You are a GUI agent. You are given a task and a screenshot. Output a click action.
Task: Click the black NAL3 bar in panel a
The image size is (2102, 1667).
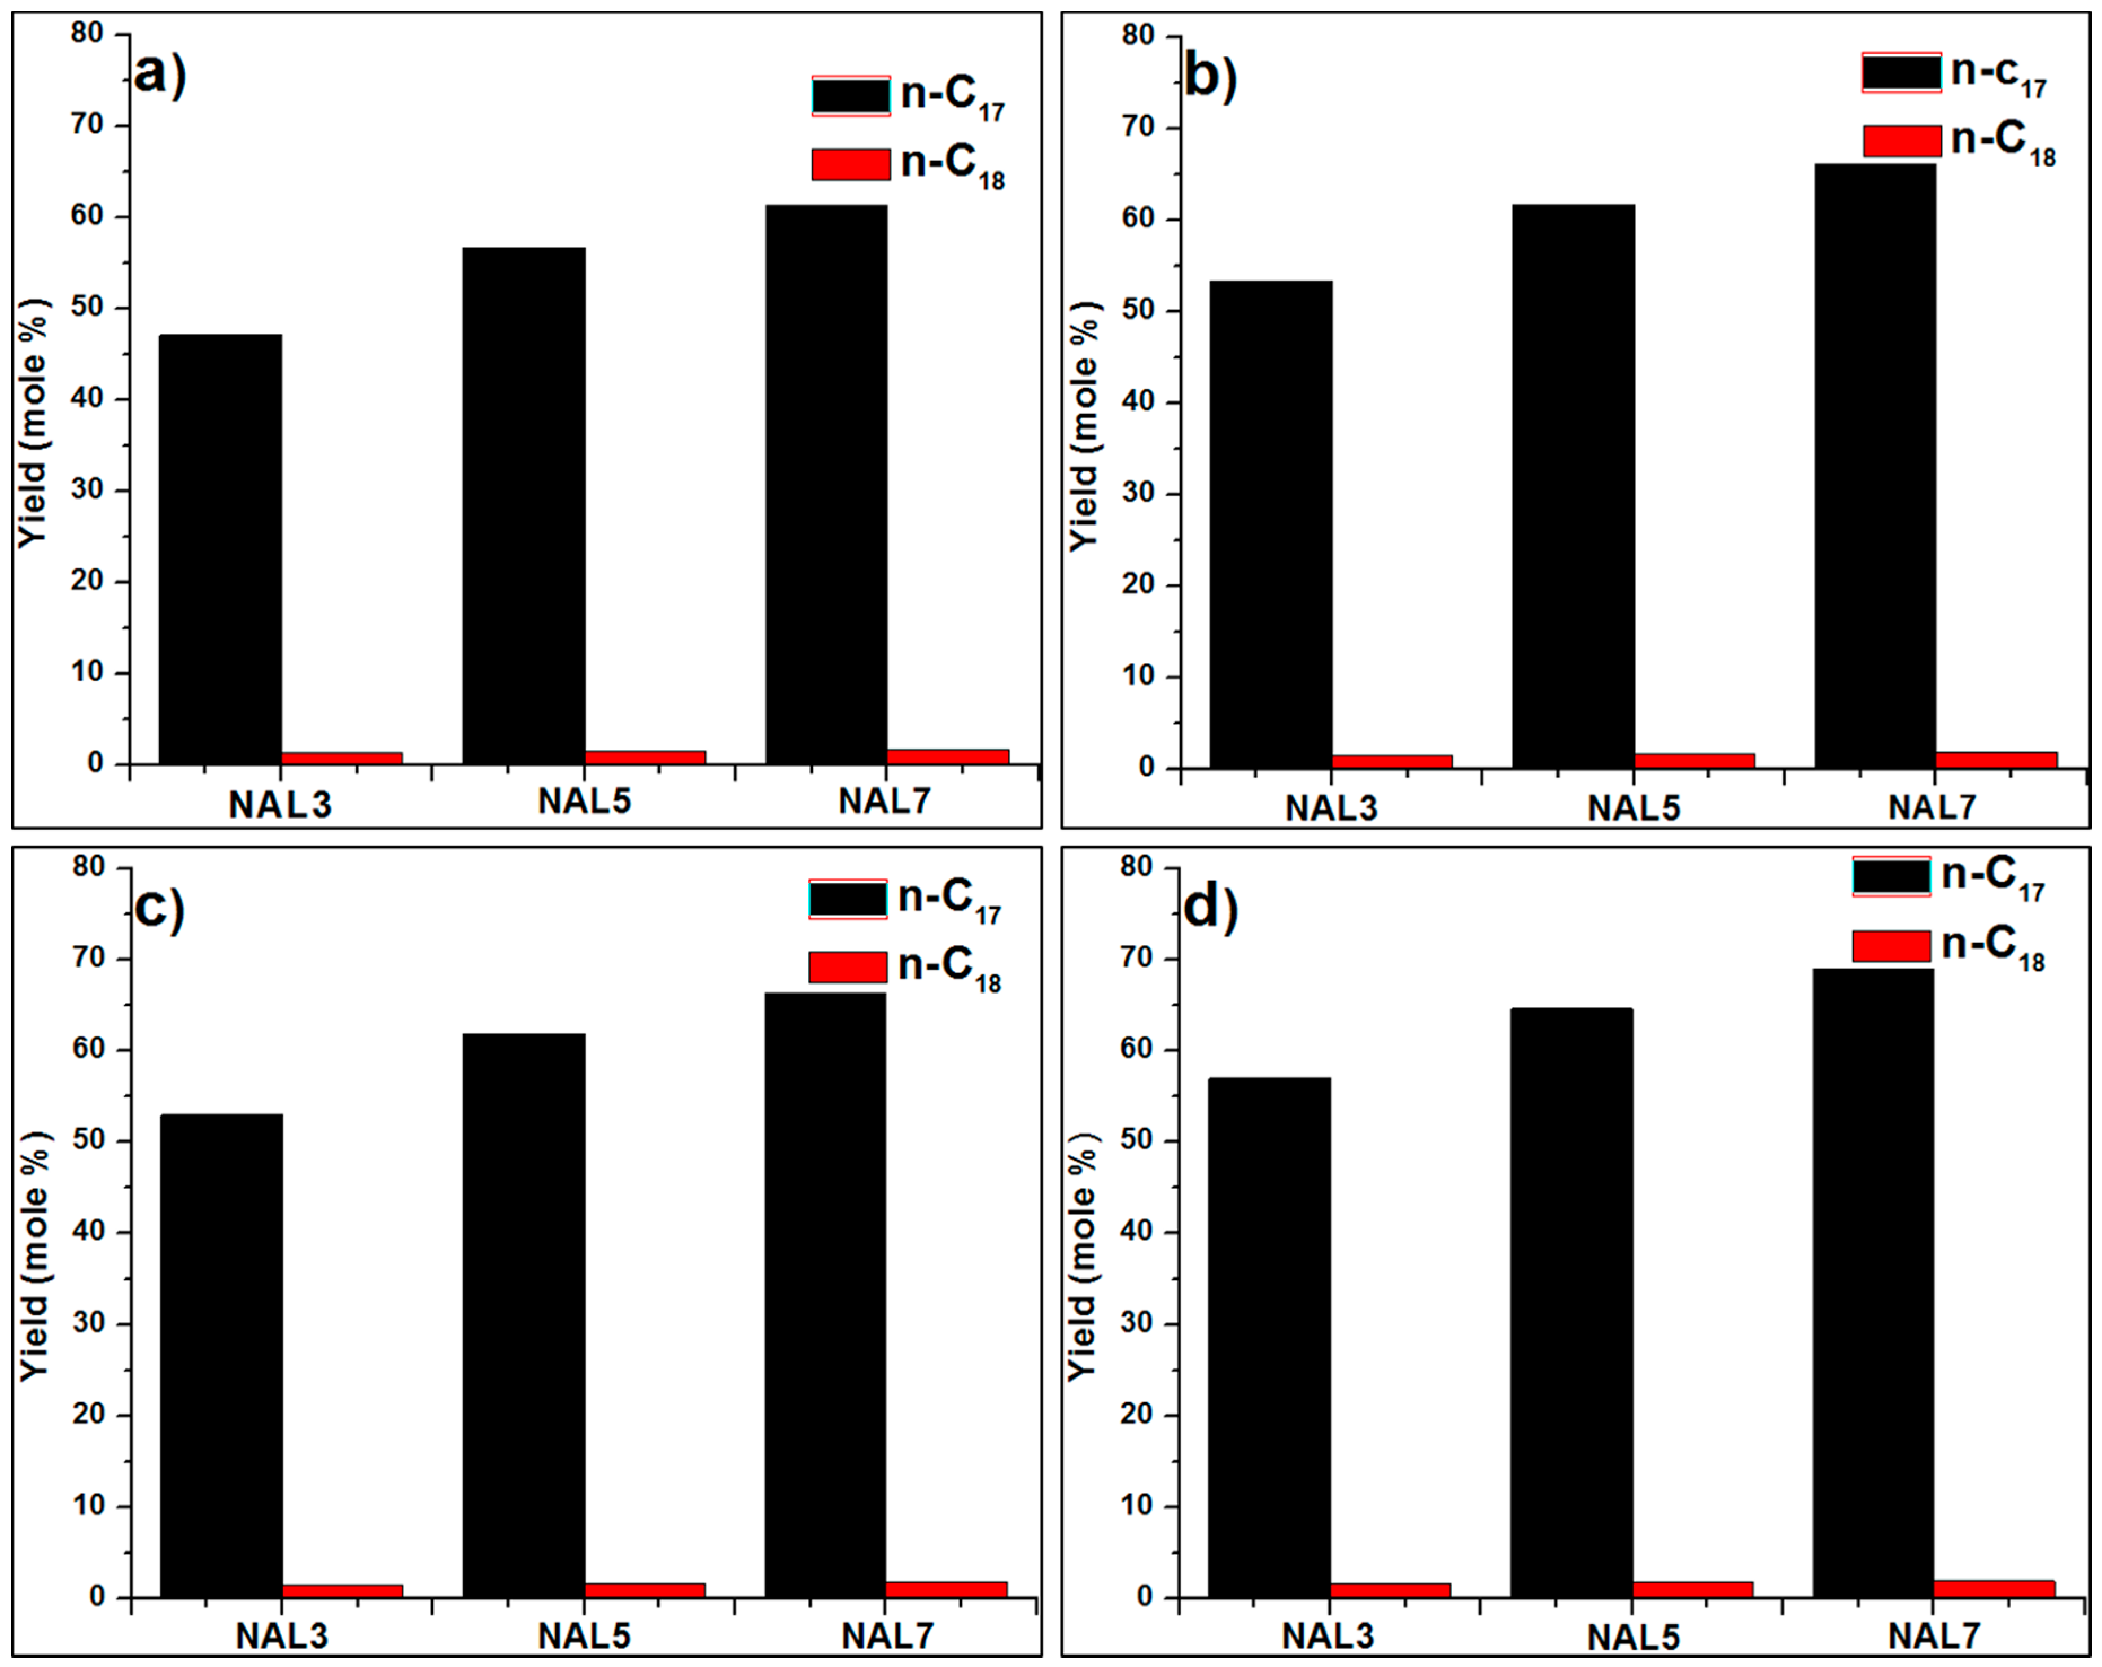(x=220, y=549)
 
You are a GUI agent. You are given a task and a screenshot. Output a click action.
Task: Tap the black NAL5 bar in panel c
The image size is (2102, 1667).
(x=524, y=1315)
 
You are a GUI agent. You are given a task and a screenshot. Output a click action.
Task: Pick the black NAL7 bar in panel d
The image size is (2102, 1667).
(x=1873, y=1283)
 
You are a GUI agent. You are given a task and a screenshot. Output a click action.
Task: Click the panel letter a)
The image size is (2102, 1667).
(x=159, y=73)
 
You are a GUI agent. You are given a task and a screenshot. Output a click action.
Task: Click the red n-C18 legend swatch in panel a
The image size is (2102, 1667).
(x=850, y=164)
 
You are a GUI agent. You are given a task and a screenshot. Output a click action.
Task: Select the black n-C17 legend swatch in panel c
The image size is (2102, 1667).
(x=847, y=899)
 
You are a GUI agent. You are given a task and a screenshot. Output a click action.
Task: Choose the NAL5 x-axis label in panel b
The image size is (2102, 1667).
(x=1634, y=809)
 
